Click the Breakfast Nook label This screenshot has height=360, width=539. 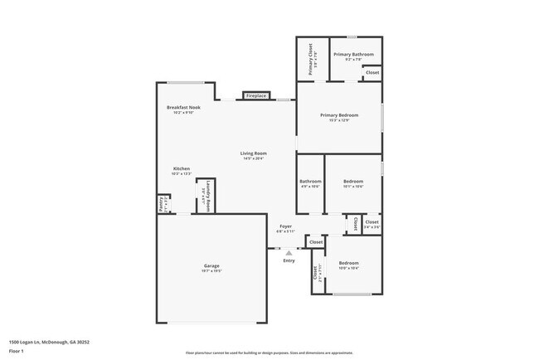[x=183, y=108]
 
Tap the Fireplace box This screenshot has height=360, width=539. [x=255, y=96]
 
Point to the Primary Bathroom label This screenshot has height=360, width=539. [x=353, y=55]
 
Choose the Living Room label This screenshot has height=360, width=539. [x=253, y=153]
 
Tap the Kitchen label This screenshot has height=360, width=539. [x=181, y=168]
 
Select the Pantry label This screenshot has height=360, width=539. [x=161, y=200]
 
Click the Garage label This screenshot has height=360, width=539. [x=211, y=265]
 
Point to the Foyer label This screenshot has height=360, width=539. [x=285, y=226]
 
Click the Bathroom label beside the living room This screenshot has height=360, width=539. [x=310, y=181]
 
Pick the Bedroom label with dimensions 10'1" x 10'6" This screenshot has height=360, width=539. [x=353, y=181]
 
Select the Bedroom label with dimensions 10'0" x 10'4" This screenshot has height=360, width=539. [x=348, y=263]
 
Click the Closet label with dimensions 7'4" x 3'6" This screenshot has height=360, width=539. [x=371, y=222]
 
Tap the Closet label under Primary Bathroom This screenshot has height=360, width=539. [x=372, y=73]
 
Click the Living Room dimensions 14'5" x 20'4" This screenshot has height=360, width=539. [x=253, y=158]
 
